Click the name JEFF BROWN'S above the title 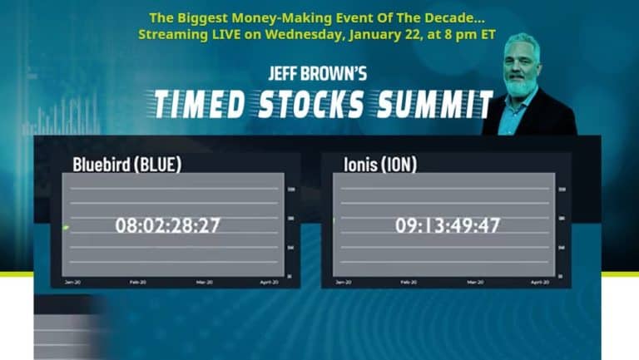pyautogui.click(x=317, y=75)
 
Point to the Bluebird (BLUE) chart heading pyautogui.click(x=126, y=164)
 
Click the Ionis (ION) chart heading pyautogui.click(x=380, y=164)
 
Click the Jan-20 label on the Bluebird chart pyautogui.click(x=73, y=283)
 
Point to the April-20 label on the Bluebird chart pyautogui.click(x=267, y=283)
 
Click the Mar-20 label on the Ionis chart pyautogui.click(x=474, y=283)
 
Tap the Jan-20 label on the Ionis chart pyautogui.click(x=343, y=283)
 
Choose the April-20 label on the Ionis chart pyautogui.click(x=537, y=283)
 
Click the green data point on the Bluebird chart pyautogui.click(x=66, y=227)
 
